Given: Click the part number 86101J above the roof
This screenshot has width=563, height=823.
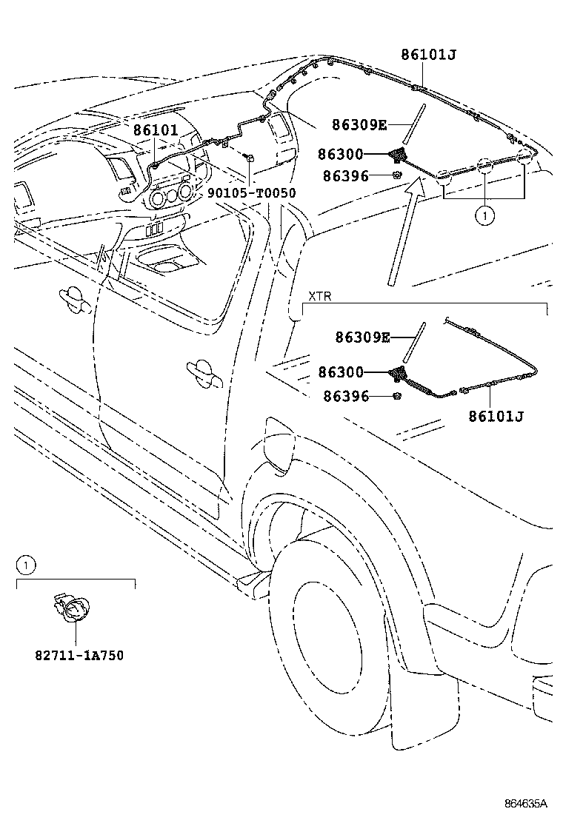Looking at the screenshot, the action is (429, 54).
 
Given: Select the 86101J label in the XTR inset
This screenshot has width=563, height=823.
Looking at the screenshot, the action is (496, 416).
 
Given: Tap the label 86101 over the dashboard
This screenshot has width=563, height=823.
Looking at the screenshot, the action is (156, 130).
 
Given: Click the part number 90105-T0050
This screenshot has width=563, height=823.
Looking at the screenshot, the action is (252, 193).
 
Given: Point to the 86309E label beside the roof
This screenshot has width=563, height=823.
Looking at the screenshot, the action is (359, 125).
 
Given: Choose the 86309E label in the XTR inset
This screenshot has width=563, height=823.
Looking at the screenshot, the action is (363, 337).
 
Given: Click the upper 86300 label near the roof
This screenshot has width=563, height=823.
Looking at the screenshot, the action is (340, 154).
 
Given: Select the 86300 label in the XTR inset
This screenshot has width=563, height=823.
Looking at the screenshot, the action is (341, 372).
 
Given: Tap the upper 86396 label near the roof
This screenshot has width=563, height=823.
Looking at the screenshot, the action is (345, 176).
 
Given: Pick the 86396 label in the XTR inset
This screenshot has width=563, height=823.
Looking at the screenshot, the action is (346, 396).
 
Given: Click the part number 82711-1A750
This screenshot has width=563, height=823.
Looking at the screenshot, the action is (79, 655).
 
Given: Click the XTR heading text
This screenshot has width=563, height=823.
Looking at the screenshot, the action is (319, 297).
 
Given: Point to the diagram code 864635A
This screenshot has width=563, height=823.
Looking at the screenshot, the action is (526, 804).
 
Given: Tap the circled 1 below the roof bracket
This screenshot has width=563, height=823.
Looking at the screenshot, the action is (484, 215).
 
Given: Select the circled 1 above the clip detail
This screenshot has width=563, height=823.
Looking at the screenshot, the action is (25, 565).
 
